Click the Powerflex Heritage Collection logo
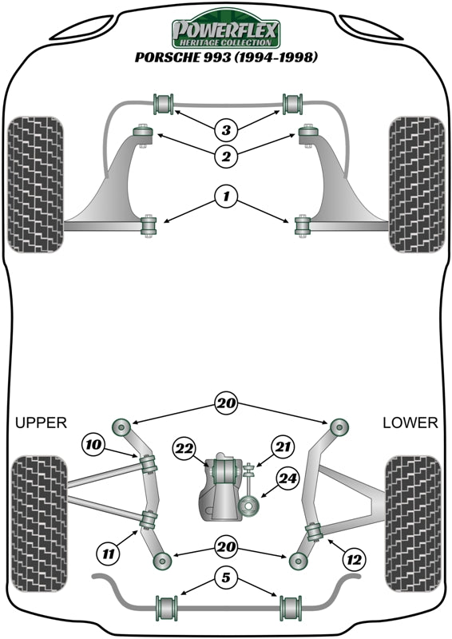pyautogui.click(x=226, y=32)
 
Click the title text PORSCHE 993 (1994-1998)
pyautogui.click(x=226, y=58)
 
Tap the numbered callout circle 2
pyautogui.click(x=226, y=156)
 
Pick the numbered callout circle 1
pyautogui.click(x=226, y=196)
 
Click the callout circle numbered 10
pyautogui.click(x=92, y=443)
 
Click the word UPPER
pyautogui.click(x=41, y=423)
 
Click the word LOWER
pyautogui.click(x=410, y=423)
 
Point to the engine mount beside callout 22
pyautogui.click(x=221, y=471)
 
